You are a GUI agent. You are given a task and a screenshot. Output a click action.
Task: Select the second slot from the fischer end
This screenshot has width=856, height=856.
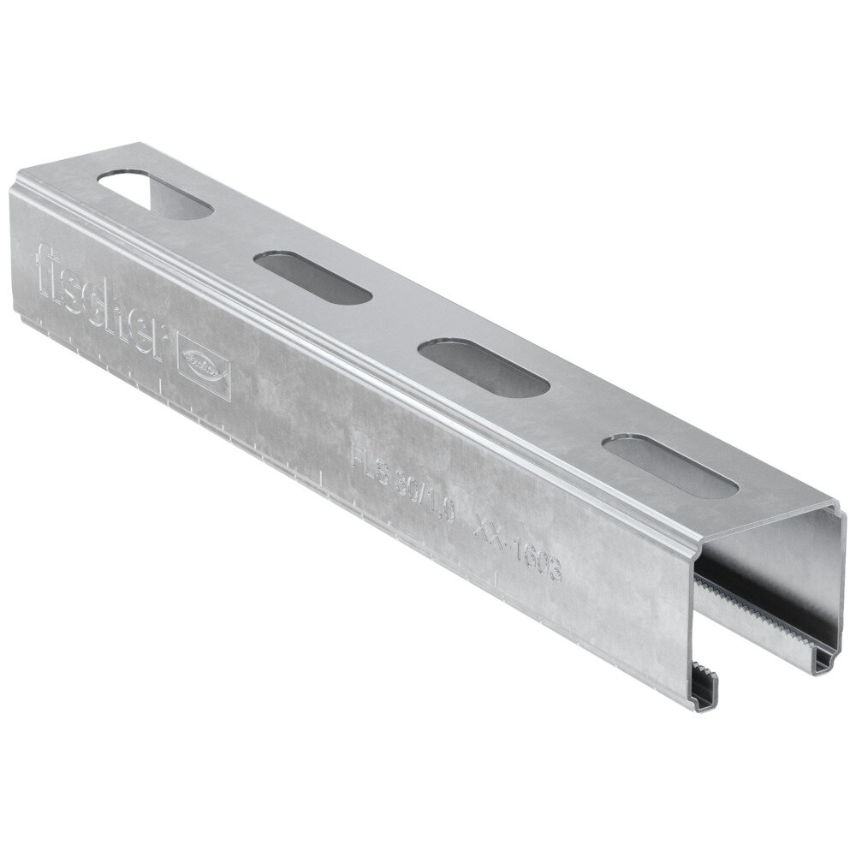click(x=312, y=276)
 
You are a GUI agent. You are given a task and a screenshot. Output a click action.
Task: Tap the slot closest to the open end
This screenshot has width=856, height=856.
click(x=669, y=467)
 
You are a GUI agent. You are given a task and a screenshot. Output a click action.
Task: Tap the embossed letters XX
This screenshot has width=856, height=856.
click(x=489, y=529)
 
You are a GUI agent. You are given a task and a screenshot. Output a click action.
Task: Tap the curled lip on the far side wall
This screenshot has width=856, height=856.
click(x=826, y=659)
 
